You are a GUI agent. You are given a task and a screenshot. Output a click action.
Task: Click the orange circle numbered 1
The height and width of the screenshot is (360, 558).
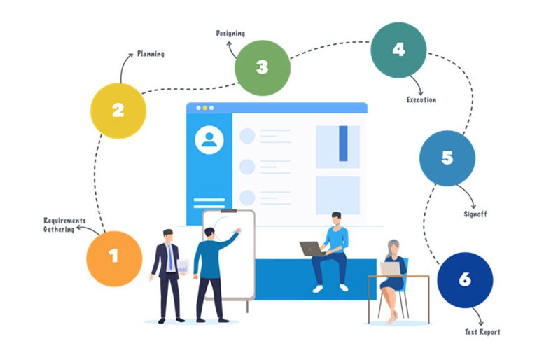[114, 258]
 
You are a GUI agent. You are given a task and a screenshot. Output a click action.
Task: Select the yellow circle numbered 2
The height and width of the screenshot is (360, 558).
[118, 111]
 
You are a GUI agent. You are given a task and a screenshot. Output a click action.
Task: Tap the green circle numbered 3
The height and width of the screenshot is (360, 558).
[263, 68]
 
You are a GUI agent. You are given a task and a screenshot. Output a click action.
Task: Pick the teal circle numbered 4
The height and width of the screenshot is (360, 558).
[398, 50]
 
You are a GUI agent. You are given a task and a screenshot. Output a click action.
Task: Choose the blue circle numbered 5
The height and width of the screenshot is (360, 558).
[447, 158]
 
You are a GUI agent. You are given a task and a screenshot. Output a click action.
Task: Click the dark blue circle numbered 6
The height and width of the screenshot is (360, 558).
[465, 280]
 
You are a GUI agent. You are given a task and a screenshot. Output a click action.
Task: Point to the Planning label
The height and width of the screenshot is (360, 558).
[151, 54]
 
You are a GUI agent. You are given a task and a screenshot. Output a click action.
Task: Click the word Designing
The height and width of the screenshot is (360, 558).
[230, 34]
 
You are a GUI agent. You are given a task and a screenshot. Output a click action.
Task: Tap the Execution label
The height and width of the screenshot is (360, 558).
[421, 99]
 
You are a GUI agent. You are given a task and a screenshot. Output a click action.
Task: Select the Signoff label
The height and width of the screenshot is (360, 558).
[475, 214]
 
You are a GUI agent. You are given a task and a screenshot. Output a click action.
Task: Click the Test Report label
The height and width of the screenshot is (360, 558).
[482, 332]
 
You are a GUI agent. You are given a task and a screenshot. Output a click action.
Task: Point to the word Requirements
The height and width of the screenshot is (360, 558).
[65, 221]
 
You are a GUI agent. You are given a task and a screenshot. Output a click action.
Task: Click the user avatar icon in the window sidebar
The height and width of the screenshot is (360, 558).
[209, 139]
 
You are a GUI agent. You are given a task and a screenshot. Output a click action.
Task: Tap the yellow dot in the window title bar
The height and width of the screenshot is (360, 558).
[205, 108]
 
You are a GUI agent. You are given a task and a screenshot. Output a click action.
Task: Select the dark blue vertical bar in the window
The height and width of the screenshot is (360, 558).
[344, 144]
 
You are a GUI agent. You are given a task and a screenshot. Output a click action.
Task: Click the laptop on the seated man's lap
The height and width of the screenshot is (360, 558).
[312, 249]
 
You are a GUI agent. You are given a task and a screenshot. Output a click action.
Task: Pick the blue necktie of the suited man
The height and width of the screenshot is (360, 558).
[170, 257]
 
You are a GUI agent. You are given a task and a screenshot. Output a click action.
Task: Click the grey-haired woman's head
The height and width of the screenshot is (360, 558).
[393, 247]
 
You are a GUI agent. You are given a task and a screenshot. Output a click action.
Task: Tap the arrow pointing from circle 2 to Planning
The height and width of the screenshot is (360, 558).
[123, 66]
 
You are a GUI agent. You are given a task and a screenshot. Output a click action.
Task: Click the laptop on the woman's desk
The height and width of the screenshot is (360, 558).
[391, 269]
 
